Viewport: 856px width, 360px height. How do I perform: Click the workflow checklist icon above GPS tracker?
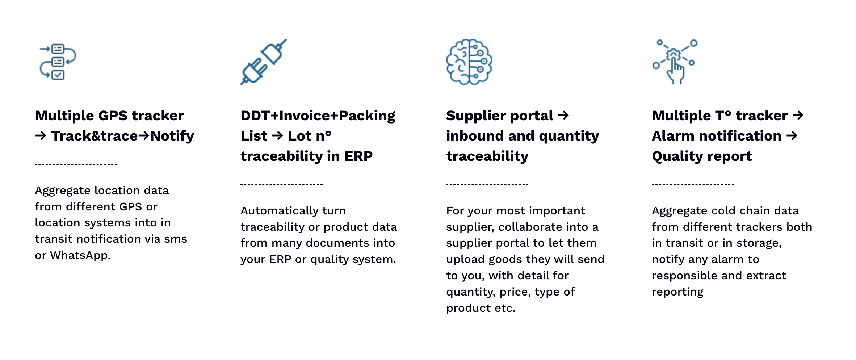(58, 62)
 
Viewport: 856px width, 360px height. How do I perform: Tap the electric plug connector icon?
(263, 62)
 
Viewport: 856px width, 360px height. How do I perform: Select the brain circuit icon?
(469, 62)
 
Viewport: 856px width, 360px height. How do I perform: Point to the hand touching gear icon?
(675, 62)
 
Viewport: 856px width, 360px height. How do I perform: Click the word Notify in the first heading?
(172, 137)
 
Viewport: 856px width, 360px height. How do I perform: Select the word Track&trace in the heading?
(95, 136)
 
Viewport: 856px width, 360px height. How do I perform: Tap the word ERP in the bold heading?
(358, 156)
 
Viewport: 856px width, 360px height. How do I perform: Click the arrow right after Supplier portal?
(563, 116)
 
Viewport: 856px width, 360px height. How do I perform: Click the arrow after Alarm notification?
(792, 136)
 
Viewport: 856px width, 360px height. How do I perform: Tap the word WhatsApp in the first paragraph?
(80, 256)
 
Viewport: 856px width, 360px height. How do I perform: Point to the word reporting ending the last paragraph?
(677, 292)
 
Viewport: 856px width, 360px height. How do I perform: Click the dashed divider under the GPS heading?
(76, 164)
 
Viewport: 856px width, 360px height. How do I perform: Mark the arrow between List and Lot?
(278, 136)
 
